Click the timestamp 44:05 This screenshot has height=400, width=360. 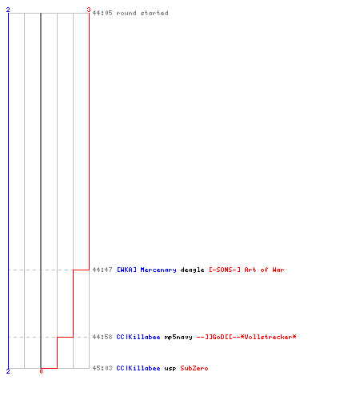click(102, 13)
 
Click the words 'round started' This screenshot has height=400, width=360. click(142, 13)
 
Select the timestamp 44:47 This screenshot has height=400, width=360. click(102, 270)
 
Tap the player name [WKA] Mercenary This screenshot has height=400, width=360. click(146, 270)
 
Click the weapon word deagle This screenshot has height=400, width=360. click(192, 270)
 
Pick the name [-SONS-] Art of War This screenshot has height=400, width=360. click(246, 270)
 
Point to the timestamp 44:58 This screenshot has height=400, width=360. click(102, 337)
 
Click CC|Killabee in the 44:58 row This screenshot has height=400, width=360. click(138, 337)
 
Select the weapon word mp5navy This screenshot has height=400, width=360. click(178, 338)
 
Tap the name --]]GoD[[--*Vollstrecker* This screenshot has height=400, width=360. click(246, 337)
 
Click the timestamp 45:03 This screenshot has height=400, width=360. click(102, 368)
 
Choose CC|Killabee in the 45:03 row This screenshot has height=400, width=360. click(138, 368)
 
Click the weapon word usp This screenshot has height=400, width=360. click(170, 369)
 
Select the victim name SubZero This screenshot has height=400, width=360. click(194, 368)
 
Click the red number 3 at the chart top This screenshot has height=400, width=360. click(89, 10)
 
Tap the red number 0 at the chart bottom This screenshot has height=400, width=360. click(41, 371)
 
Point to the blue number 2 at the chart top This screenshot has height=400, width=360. click(8, 10)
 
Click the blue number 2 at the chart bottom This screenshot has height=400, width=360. click(8, 371)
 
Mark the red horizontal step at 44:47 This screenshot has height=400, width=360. click(81, 270)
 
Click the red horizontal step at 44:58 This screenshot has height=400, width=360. click(65, 337)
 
